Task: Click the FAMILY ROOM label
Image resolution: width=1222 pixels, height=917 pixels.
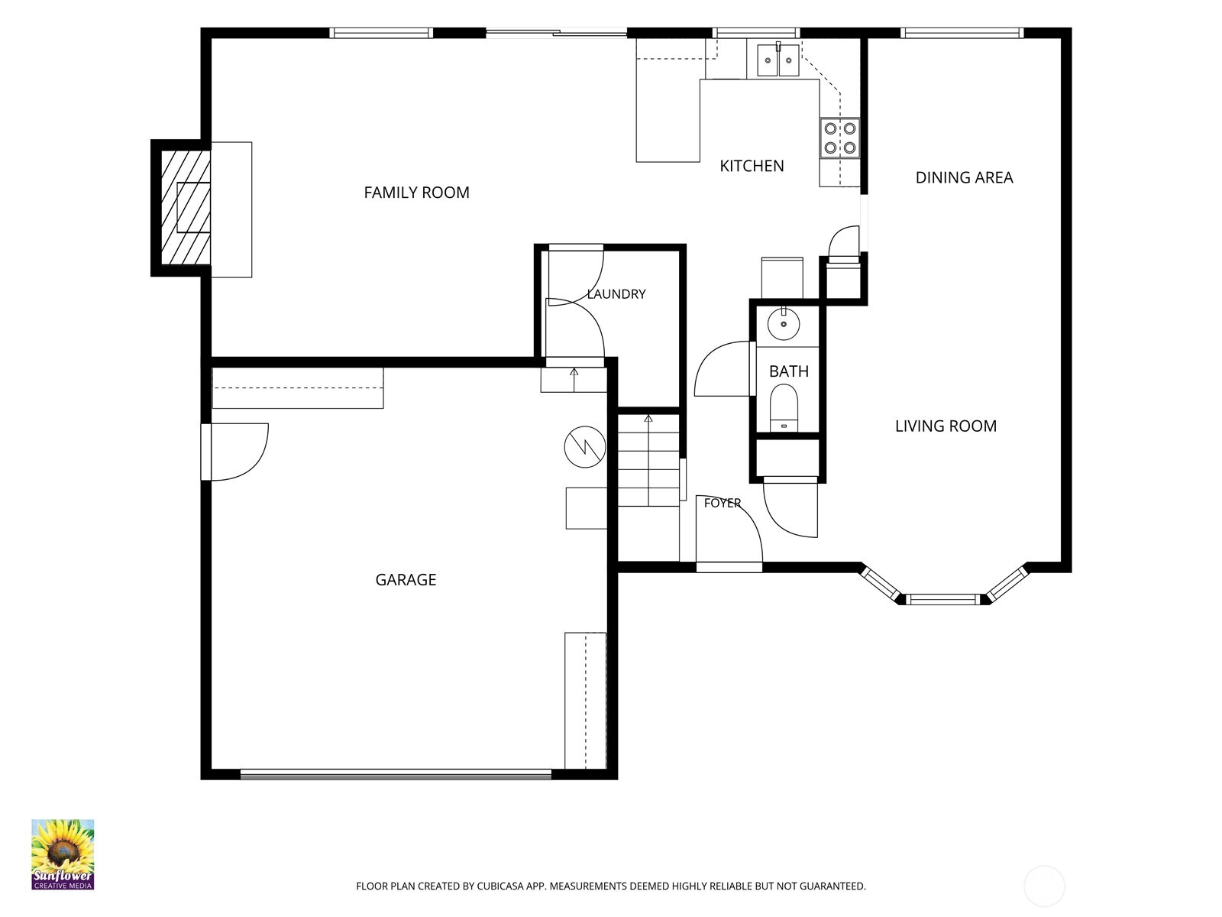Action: tap(416, 193)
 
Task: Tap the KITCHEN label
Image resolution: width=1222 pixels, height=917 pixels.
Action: tap(752, 166)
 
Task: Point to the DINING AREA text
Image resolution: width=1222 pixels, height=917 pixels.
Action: tap(965, 177)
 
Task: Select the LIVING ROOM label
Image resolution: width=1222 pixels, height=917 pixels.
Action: tap(946, 426)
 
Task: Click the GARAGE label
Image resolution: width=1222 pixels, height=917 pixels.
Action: tap(406, 579)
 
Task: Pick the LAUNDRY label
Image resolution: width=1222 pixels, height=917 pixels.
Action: tap(616, 294)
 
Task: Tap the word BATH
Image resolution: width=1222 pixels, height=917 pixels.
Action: tap(789, 371)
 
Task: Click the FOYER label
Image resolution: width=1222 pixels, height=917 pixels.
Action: tap(722, 503)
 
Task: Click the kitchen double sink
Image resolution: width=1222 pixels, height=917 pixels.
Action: tap(778, 60)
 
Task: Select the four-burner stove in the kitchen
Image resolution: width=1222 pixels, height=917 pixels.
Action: tap(839, 138)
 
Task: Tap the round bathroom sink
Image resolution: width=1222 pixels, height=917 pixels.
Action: tap(784, 323)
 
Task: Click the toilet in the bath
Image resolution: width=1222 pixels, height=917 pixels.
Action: tap(784, 407)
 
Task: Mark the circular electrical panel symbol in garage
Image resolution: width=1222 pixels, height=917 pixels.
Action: tap(584, 446)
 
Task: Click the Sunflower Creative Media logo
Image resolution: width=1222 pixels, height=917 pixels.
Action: tap(63, 854)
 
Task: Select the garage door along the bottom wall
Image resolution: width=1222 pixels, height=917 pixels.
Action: tap(396, 774)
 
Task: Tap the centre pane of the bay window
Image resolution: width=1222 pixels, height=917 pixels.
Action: tap(942, 600)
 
